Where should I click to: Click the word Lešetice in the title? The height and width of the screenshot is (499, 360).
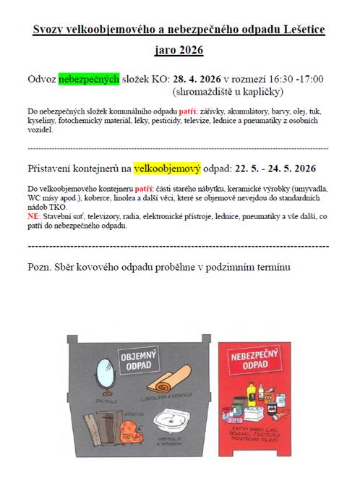pos(301,30)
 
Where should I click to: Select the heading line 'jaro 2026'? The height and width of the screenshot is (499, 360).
pos(179,51)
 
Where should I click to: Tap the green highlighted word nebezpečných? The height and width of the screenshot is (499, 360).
pos(88,79)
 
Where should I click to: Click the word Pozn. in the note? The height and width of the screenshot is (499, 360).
pos(41,267)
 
